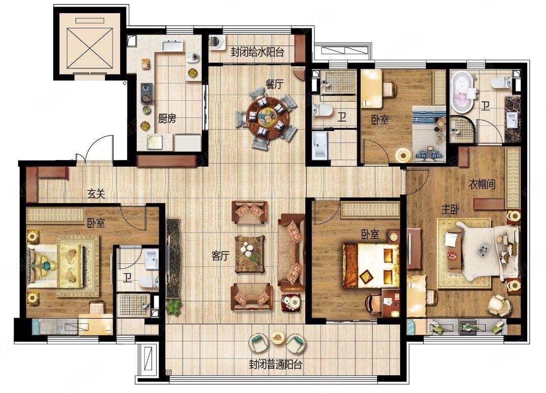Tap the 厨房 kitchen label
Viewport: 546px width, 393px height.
click(x=167, y=119)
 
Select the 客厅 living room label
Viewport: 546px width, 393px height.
click(x=221, y=256)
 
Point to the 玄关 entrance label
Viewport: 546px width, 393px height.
click(x=96, y=194)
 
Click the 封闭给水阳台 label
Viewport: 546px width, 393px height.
click(x=257, y=52)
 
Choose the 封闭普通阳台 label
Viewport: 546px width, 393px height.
click(x=275, y=364)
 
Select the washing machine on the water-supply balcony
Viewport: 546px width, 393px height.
click(x=217, y=42)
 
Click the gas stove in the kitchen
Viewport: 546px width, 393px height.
click(x=147, y=93)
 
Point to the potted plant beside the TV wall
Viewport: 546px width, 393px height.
click(x=173, y=305)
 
